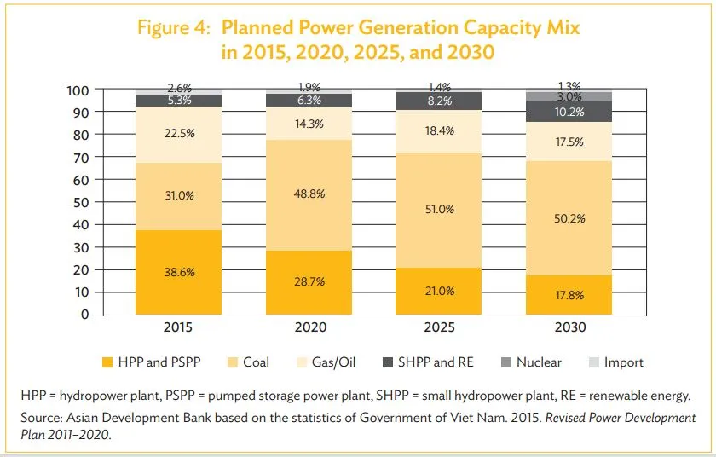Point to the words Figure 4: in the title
pyautogui.click(x=174, y=28)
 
